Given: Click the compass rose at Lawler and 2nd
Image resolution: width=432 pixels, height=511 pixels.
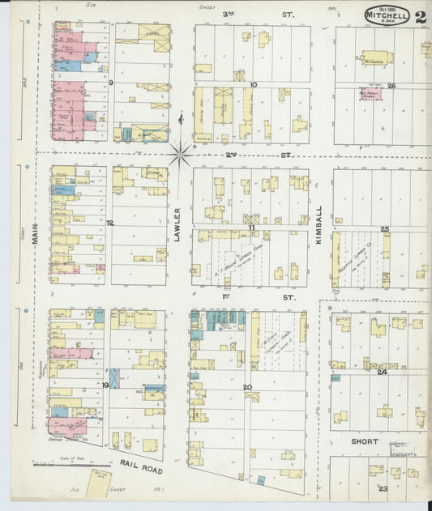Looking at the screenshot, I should (x=181, y=151).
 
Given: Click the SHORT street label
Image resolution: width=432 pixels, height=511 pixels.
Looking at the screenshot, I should (x=365, y=442).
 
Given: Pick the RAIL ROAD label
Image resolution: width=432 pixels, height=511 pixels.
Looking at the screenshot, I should (x=139, y=466).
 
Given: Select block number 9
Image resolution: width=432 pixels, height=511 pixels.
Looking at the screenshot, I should (x=110, y=83).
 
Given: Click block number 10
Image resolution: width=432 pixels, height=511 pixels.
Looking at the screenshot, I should (x=254, y=84).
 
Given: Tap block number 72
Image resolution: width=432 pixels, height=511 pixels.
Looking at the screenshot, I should (x=109, y=222).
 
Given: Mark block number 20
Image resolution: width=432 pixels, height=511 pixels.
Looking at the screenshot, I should (x=247, y=386).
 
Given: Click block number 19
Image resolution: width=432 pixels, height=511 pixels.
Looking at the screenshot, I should (x=106, y=385).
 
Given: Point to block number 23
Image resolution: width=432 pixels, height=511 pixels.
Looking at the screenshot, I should (x=383, y=488).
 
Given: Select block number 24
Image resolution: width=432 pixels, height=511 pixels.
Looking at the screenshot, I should (x=382, y=372).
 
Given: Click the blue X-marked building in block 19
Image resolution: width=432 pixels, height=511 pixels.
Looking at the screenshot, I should (x=114, y=378).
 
